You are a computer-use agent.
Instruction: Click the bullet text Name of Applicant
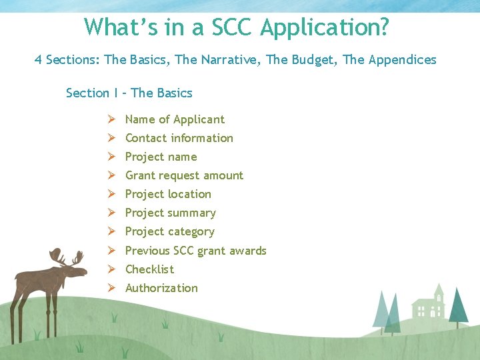(x=175, y=119)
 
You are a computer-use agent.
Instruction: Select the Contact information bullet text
(x=179, y=138)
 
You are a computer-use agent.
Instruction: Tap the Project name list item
(x=161, y=157)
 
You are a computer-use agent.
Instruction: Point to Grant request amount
(x=184, y=175)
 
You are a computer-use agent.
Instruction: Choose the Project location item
(x=168, y=194)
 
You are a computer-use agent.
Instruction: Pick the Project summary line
(x=171, y=213)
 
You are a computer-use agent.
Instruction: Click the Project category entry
(x=170, y=231)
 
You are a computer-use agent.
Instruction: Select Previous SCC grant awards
(x=196, y=251)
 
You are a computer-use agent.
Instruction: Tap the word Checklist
(x=150, y=269)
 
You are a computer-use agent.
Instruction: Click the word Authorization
(x=162, y=288)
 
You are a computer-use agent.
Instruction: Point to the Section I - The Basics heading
(x=129, y=93)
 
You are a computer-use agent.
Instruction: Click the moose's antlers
(x=67, y=257)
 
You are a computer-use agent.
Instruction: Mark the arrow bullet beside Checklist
(x=111, y=269)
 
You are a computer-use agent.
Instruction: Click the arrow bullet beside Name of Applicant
(x=111, y=119)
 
